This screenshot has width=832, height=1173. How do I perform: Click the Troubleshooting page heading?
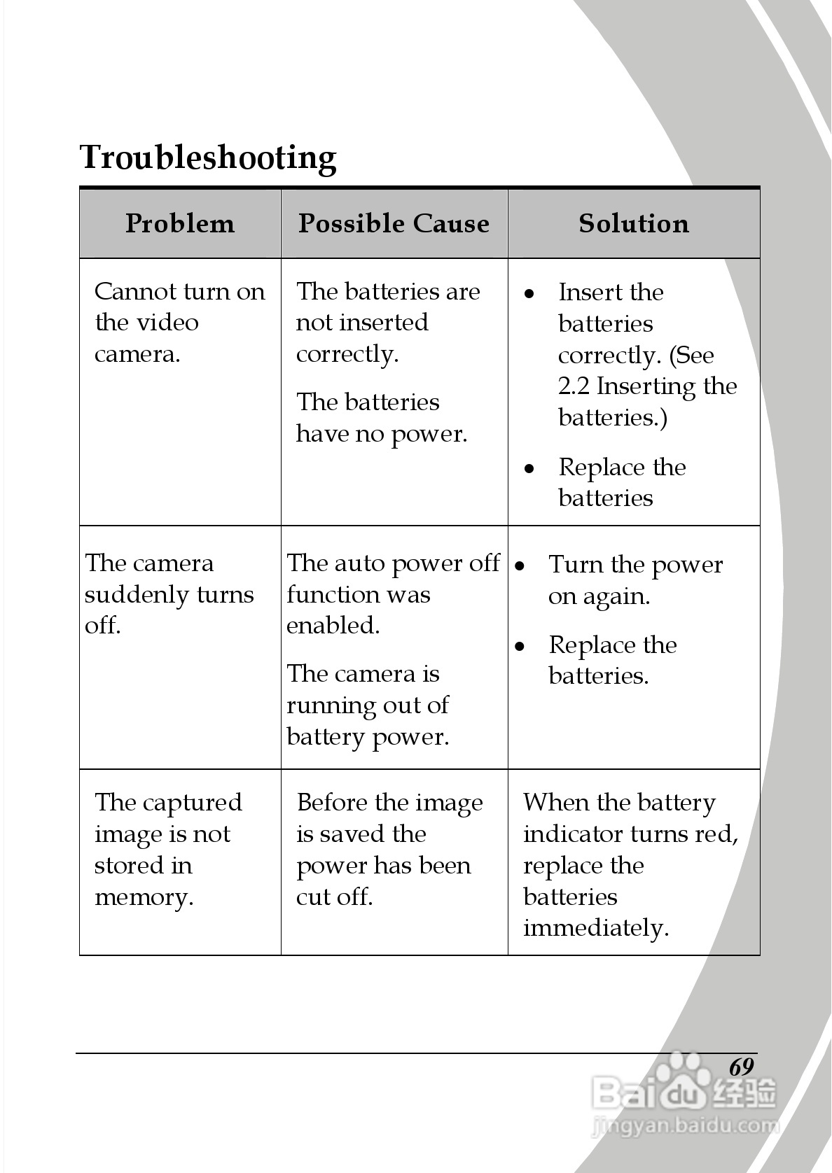pos(208,157)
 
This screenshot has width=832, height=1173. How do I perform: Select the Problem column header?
pos(180,223)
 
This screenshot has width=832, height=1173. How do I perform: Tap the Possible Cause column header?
pos(394,223)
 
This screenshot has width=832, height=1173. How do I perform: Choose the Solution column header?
pos(634,223)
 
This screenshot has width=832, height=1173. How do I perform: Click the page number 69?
pos(741,1067)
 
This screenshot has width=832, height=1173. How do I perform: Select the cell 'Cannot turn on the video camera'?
pos(179,323)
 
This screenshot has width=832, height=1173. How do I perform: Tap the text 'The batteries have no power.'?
pos(382,418)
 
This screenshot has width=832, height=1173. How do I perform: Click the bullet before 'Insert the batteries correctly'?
pos(529,293)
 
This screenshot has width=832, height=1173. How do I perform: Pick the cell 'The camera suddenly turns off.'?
pos(169,594)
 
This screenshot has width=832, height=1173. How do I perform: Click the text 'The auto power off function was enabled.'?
pos(393,594)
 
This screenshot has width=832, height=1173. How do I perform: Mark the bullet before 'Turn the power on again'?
pos(520,565)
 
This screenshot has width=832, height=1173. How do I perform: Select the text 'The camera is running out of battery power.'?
pos(368,705)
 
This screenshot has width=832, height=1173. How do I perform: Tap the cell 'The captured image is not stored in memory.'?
pos(168,850)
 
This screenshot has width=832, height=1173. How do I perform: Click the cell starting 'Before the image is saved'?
pos(389,850)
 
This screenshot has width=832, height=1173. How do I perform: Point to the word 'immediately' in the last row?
pos(595,929)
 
